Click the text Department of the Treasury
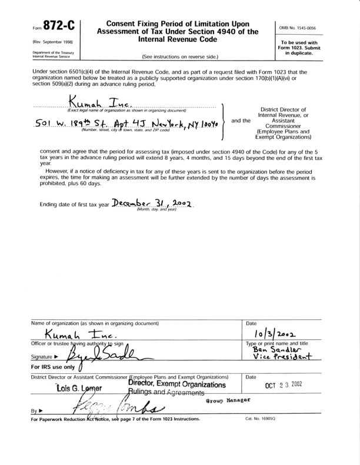click(x=36, y=52)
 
